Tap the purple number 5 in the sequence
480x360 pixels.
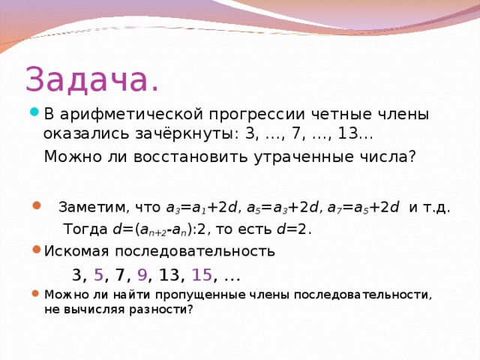pyautogui.click(x=98, y=274)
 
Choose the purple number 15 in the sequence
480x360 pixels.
pyautogui.click(x=202, y=274)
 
